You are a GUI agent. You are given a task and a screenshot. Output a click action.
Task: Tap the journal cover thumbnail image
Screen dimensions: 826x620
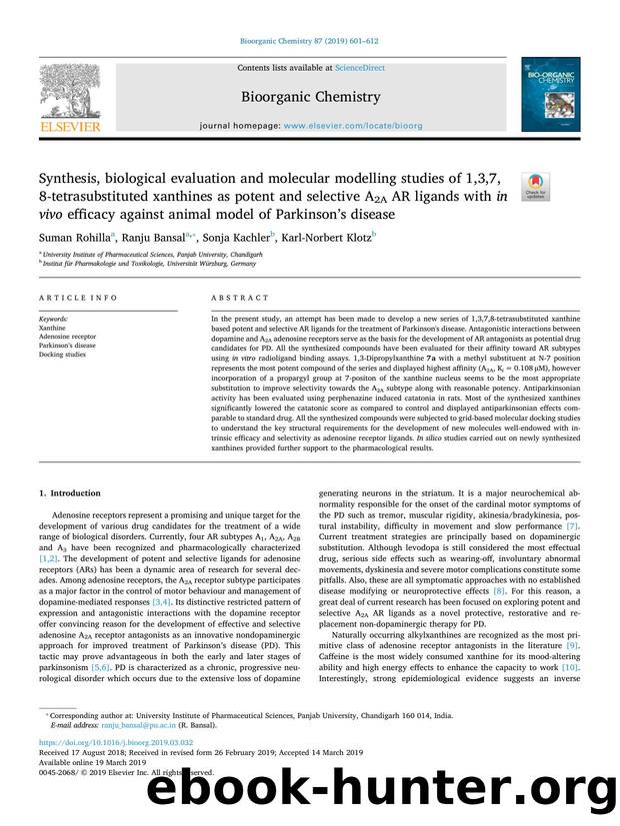pyautogui.click(x=547, y=94)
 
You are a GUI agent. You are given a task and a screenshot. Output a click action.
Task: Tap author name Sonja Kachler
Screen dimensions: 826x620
pyautogui.click(x=238, y=239)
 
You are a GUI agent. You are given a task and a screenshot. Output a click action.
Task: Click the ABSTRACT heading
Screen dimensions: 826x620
pyautogui.click(x=240, y=299)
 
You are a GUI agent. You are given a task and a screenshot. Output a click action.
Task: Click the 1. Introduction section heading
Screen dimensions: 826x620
pyautogui.click(x=70, y=492)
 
